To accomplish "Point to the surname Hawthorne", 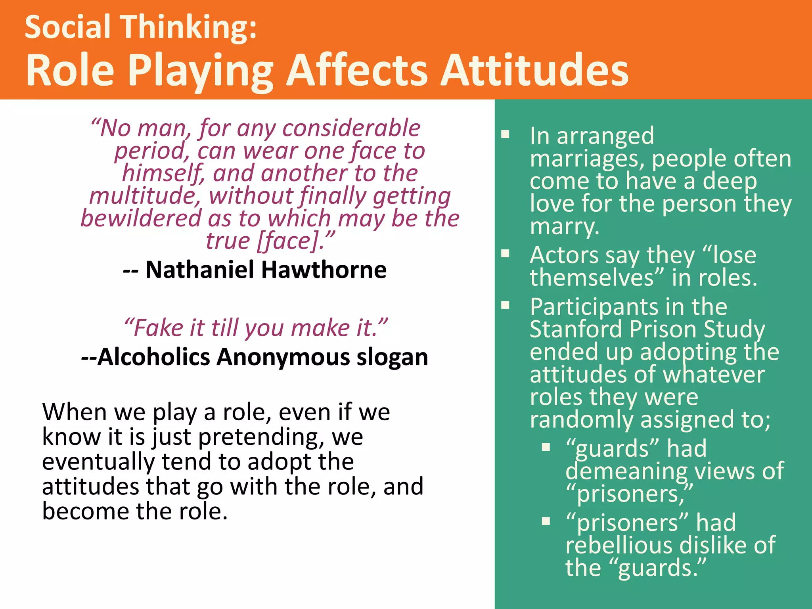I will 324,270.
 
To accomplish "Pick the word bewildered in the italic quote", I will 141,218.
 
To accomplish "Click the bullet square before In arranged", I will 505,134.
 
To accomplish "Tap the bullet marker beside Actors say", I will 505,253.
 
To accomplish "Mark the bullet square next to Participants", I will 505,305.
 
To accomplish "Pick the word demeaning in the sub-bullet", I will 626,471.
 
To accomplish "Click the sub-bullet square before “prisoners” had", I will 546,521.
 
